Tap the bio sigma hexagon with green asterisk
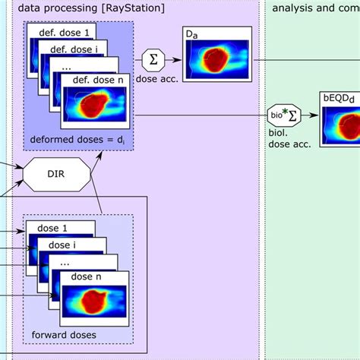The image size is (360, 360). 283,114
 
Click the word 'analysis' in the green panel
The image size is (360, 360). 292,7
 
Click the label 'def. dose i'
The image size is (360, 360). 74,49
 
